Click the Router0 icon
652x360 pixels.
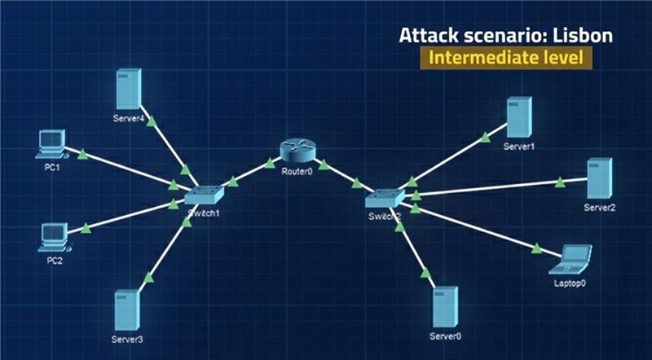tap(296, 151)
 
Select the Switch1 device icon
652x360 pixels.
tap(203, 195)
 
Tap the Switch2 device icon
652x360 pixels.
tap(384, 198)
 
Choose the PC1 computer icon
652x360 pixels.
tap(51, 143)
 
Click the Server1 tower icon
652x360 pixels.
tap(519, 118)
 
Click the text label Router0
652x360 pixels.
tap(296, 173)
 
